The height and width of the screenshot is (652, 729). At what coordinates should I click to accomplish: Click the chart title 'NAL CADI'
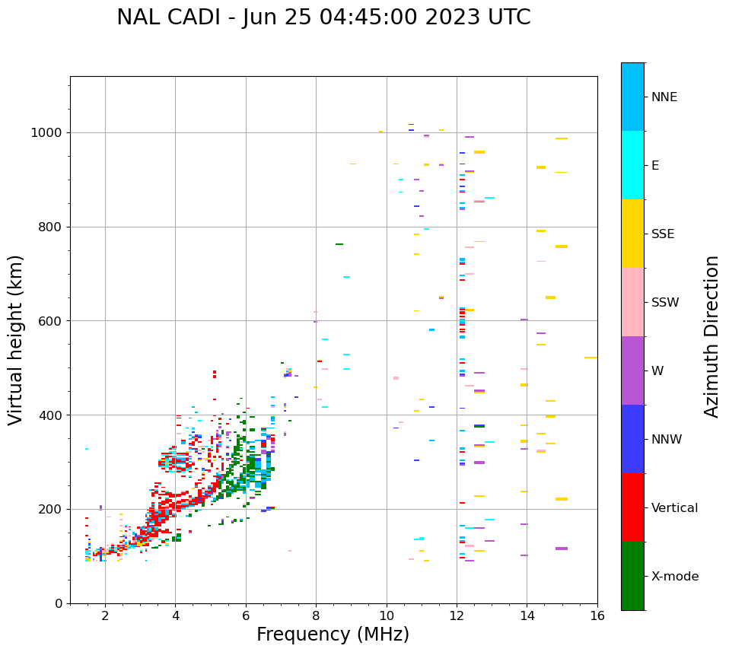[x=163, y=17]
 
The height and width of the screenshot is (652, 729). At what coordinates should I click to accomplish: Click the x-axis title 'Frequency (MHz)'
[x=333, y=635]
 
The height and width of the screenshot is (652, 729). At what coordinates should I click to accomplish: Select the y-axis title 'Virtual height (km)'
[x=16, y=340]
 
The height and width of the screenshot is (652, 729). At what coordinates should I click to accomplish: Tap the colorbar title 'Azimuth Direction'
[x=711, y=336]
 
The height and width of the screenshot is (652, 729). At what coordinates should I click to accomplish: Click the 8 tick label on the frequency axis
[x=316, y=615]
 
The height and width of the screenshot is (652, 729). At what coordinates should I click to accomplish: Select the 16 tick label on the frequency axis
[x=597, y=615]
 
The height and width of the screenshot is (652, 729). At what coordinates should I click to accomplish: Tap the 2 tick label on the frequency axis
[x=105, y=615]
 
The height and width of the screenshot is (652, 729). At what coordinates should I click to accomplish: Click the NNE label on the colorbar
[x=664, y=97]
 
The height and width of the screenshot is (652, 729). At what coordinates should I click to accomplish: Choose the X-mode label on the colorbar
[x=675, y=577]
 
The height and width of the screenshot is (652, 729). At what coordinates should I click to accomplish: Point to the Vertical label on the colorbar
[x=674, y=508]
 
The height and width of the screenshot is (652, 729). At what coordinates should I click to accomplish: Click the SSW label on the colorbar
[x=665, y=303]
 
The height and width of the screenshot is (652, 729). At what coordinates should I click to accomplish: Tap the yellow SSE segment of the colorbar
[x=632, y=234]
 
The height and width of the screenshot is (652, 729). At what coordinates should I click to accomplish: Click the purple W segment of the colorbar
[x=632, y=371]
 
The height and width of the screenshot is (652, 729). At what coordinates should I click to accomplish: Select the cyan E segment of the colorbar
[x=632, y=165]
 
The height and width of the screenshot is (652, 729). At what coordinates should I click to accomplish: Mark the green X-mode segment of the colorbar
[x=632, y=576]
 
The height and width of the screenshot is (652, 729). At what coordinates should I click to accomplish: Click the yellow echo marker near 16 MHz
[x=591, y=358]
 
